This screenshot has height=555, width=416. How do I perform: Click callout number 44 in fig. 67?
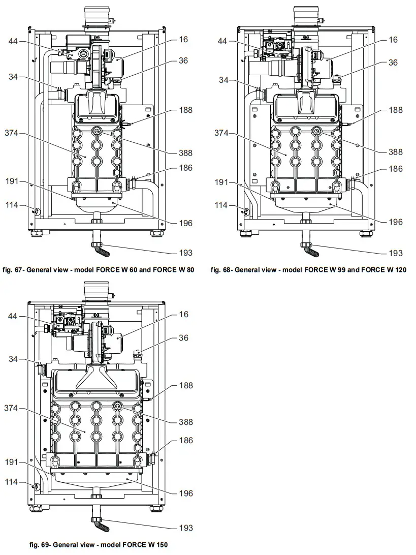click(x=14, y=42)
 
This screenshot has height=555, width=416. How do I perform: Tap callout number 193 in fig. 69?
click(x=186, y=528)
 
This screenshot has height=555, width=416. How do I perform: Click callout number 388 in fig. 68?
click(x=395, y=151)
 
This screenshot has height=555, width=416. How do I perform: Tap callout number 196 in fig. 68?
click(x=395, y=222)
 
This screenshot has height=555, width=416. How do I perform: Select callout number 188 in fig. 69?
click(x=186, y=385)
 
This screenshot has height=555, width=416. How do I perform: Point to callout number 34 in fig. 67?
click(x=14, y=77)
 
